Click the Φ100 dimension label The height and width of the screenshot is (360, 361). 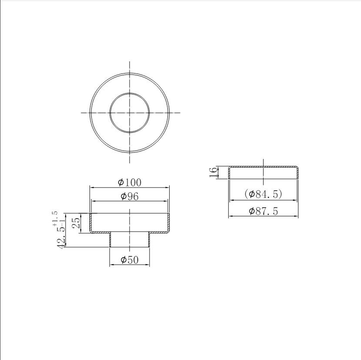tap(129, 182)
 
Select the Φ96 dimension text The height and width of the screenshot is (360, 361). tap(130, 196)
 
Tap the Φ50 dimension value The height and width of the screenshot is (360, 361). tap(130, 260)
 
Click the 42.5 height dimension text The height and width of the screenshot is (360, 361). tap(61, 238)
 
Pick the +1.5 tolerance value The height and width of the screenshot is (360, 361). tap(55, 218)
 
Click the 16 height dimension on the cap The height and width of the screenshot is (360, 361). tap(213, 172)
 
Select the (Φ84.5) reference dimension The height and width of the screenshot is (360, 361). tap(263, 194)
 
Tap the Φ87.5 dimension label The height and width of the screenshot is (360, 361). tap(264, 211)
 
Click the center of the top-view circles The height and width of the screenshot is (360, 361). tap(130, 113)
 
